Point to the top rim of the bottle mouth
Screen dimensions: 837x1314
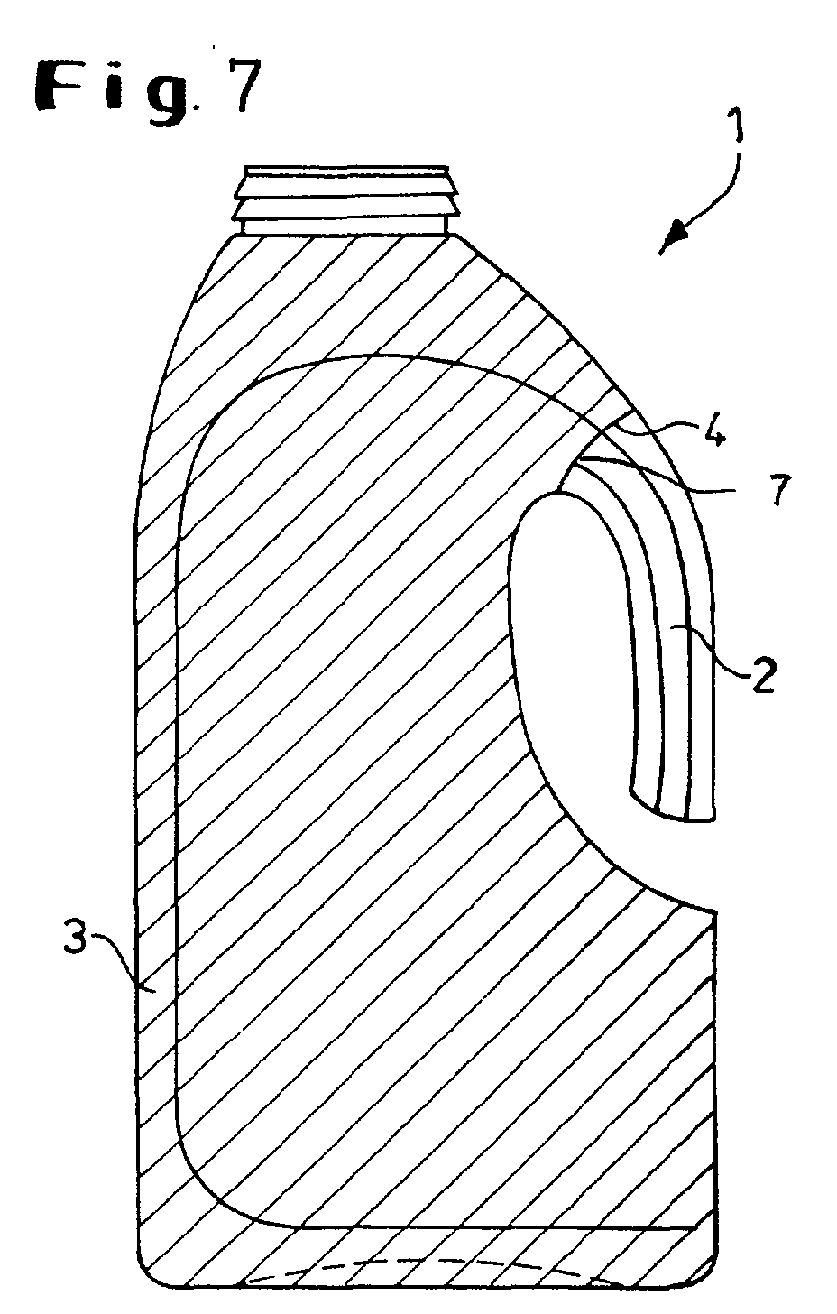point(346,168)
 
